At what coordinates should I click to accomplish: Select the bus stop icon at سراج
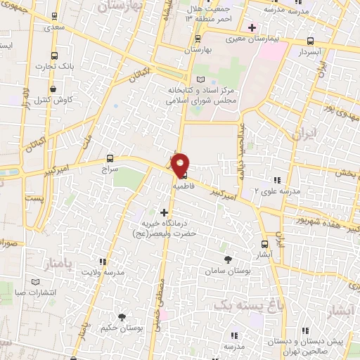109,158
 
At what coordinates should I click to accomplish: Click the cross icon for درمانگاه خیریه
164,212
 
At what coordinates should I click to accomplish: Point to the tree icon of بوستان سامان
224,257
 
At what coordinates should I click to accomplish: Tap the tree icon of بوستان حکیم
122,316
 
